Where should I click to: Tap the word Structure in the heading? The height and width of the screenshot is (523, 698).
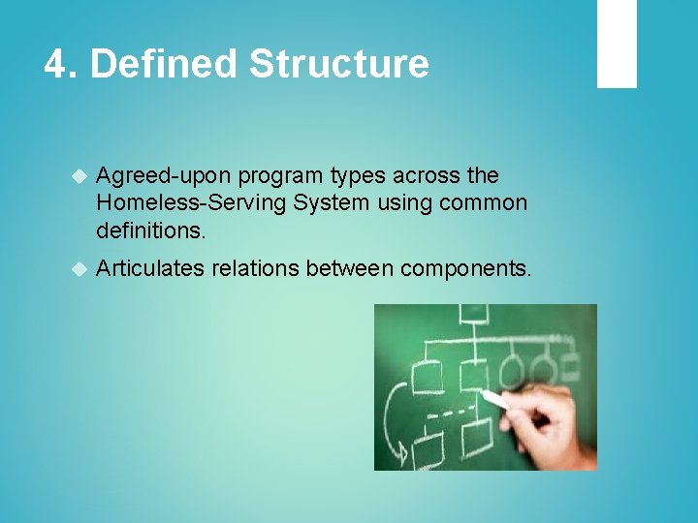pyautogui.click(x=338, y=65)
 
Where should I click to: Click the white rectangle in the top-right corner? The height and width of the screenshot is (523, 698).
pyautogui.click(x=616, y=44)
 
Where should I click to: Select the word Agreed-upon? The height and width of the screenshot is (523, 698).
pyautogui.click(x=164, y=176)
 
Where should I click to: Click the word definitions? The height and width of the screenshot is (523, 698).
pyautogui.click(x=149, y=231)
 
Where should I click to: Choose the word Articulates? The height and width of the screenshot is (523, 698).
pyautogui.click(x=150, y=268)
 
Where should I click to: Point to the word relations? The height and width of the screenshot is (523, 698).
pyautogui.click(x=255, y=268)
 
